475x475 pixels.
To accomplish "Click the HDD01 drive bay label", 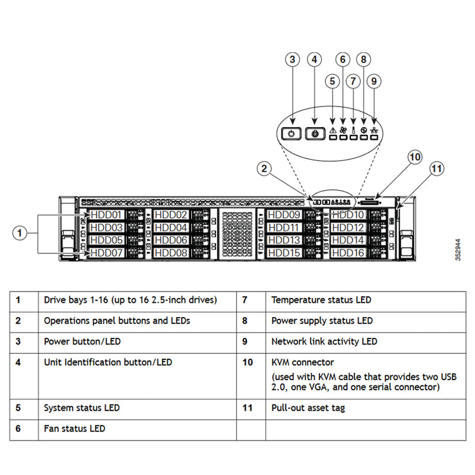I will tap(106, 214).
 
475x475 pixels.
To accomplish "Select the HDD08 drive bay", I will tap(171, 253).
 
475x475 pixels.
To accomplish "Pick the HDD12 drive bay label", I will tap(347, 227).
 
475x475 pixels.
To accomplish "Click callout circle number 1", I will tap(20, 233).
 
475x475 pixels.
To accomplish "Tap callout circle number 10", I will tap(414, 157).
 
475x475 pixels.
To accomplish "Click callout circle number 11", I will tap(436, 169).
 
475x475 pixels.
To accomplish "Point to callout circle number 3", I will tap(291, 59).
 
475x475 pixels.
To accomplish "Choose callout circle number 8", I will tap(364, 59).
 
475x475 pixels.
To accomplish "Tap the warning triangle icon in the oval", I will tap(332, 130).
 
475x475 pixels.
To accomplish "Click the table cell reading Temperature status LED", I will tap(321, 300).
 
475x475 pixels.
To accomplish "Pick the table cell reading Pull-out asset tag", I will tap(308, 408).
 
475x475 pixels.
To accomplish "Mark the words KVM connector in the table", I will tap(302, 362).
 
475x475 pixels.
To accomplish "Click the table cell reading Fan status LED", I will tap(74, 428).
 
